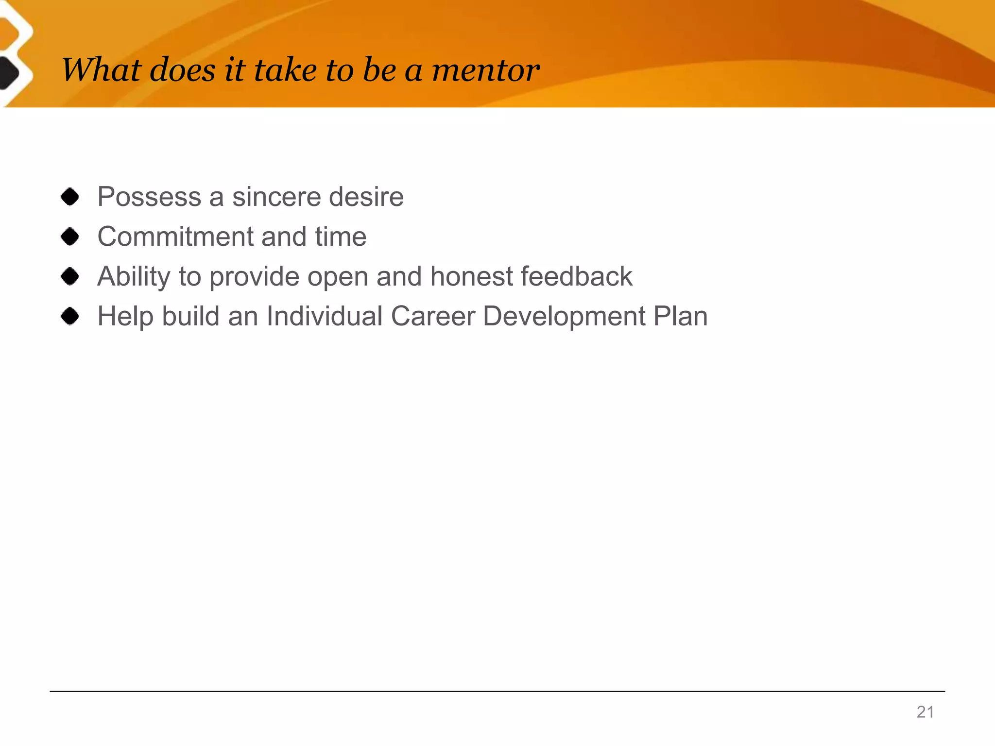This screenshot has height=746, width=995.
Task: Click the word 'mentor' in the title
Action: pos(485,70)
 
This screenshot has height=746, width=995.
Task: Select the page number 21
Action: pos(925,712)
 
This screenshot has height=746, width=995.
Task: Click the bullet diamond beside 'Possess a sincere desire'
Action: pos(70,197)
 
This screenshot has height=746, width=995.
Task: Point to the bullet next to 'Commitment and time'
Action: pos(70,237)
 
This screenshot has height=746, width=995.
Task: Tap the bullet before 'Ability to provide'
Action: pos(70,276)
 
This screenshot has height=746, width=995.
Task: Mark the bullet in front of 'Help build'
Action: pos(70,316)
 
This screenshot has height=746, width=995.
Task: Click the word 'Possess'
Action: pos(149,197)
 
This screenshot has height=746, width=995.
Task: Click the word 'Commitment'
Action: pos(175,237)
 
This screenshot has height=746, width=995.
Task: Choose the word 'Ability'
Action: pos(134,276)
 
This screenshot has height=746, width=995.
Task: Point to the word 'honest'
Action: pos(471,276)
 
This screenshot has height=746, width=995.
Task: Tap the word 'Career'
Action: pos(433,316)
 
